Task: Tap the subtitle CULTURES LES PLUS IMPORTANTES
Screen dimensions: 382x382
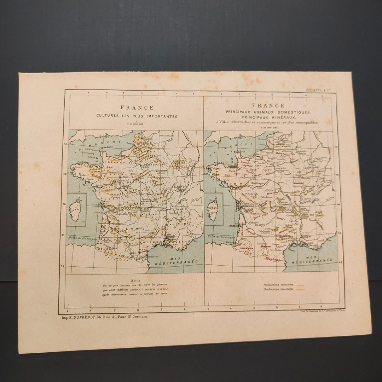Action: (x=137, y=116)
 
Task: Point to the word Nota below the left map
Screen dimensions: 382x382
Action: (x=135, y=280)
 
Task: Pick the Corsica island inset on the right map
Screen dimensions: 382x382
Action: (x=213, y=209)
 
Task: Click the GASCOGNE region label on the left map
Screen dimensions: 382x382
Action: (x=108, y=239)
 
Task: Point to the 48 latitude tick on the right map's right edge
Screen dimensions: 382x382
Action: (x=336, y=175)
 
